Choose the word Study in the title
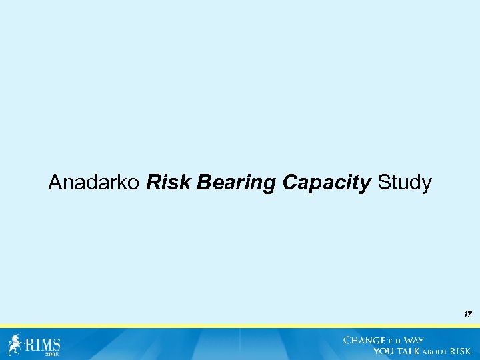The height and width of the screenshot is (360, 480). [x=404, y=183]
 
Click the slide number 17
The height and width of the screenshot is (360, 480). [x=467, y=313]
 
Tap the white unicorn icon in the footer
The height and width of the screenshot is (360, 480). [x=15, y=344]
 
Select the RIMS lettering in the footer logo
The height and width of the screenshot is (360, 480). [x=43, y=344]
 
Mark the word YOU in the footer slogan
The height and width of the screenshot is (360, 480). [x=384, y=351]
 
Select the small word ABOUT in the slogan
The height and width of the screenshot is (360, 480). [x=436, y=351]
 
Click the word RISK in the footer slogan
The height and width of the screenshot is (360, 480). [x=461, y=351]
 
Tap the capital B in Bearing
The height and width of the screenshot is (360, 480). [x=203, y=183]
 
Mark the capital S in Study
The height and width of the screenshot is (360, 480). [x=383, y=183]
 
